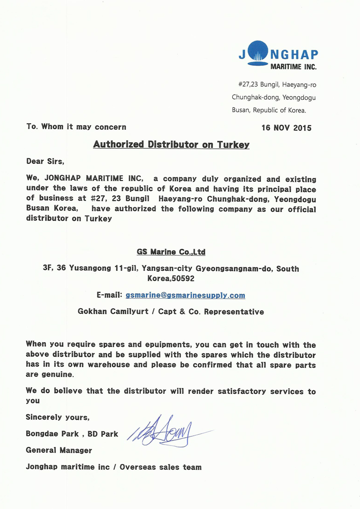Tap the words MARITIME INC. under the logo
pos(293,67)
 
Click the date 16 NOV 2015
pos(286,128)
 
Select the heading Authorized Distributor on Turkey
pos(171,145)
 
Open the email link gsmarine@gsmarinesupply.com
pos(185,295)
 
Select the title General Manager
pos(59,450)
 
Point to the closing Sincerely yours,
pos(58,417)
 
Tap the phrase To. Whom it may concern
pos(76,127)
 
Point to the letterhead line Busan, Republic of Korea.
pos(269,110)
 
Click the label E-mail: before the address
pos(109,295)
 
